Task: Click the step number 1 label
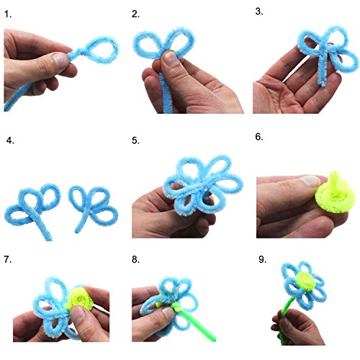8,14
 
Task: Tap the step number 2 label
135,14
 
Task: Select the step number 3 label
259,12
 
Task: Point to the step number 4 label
10,140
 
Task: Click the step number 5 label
135,140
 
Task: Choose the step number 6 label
259,137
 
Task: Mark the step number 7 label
8,259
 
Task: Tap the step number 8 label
135,259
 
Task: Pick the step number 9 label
263,259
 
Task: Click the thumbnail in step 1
60,59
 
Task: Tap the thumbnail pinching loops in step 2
171,59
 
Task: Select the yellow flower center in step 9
306,280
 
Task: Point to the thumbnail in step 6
310,181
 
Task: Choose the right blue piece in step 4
91,207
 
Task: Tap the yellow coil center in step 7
80,298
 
